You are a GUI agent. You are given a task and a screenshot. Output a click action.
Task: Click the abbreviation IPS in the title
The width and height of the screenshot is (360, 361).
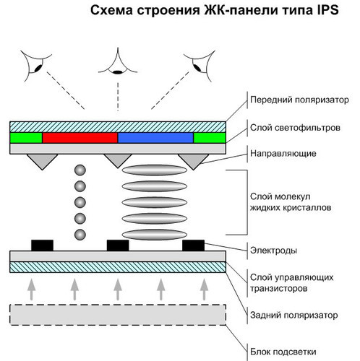(x=327, y=10)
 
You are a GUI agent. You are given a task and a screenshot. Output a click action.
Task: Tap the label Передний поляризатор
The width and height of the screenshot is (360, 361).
(x=299, y=100)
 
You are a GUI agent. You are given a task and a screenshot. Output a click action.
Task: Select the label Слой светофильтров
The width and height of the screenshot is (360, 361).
(x=295, y=128)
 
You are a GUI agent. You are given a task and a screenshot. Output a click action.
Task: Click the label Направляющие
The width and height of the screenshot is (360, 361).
(x=283, y=154)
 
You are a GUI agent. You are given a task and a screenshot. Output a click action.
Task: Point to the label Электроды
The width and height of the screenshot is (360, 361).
(x=273, y=251)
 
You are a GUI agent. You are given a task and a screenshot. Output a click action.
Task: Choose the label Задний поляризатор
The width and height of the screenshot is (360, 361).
(x=293, y=315)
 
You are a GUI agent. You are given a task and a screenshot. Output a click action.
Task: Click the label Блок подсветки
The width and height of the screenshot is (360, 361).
(x=283, y=352)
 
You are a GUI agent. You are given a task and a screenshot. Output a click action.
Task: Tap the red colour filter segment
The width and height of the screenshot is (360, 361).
(x=80, y=138)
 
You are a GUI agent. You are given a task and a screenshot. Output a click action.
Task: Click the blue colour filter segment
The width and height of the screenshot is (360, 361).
(x=155, y=138)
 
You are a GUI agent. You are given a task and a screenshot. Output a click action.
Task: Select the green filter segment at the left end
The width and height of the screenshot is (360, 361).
(x=26, y=138)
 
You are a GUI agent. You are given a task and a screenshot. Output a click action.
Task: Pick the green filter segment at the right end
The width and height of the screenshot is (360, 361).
(x=210, y=138)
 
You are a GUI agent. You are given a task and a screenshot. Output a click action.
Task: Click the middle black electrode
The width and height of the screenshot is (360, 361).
(x=118, y=245)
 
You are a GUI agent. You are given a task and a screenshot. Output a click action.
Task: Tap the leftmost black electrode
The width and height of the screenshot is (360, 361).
(x=42, y=245)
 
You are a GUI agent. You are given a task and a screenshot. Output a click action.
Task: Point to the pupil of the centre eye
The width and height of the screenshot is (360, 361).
(x=118, y=71)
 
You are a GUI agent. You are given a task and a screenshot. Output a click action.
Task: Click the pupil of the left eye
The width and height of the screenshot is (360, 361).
(x=38, y=68)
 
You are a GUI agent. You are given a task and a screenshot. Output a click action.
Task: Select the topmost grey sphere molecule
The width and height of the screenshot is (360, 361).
(x=80, y=170)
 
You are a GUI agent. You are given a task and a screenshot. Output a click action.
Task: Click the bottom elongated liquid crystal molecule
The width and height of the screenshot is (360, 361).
(x=155, y=235)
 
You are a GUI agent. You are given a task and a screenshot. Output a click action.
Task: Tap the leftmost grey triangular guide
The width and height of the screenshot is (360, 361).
(x=42, y=162)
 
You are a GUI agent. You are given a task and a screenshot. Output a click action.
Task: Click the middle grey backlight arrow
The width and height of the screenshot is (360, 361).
(x=118, y=290)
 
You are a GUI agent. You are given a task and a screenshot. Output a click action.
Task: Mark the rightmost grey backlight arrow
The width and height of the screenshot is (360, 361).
(x=205, y=290)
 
